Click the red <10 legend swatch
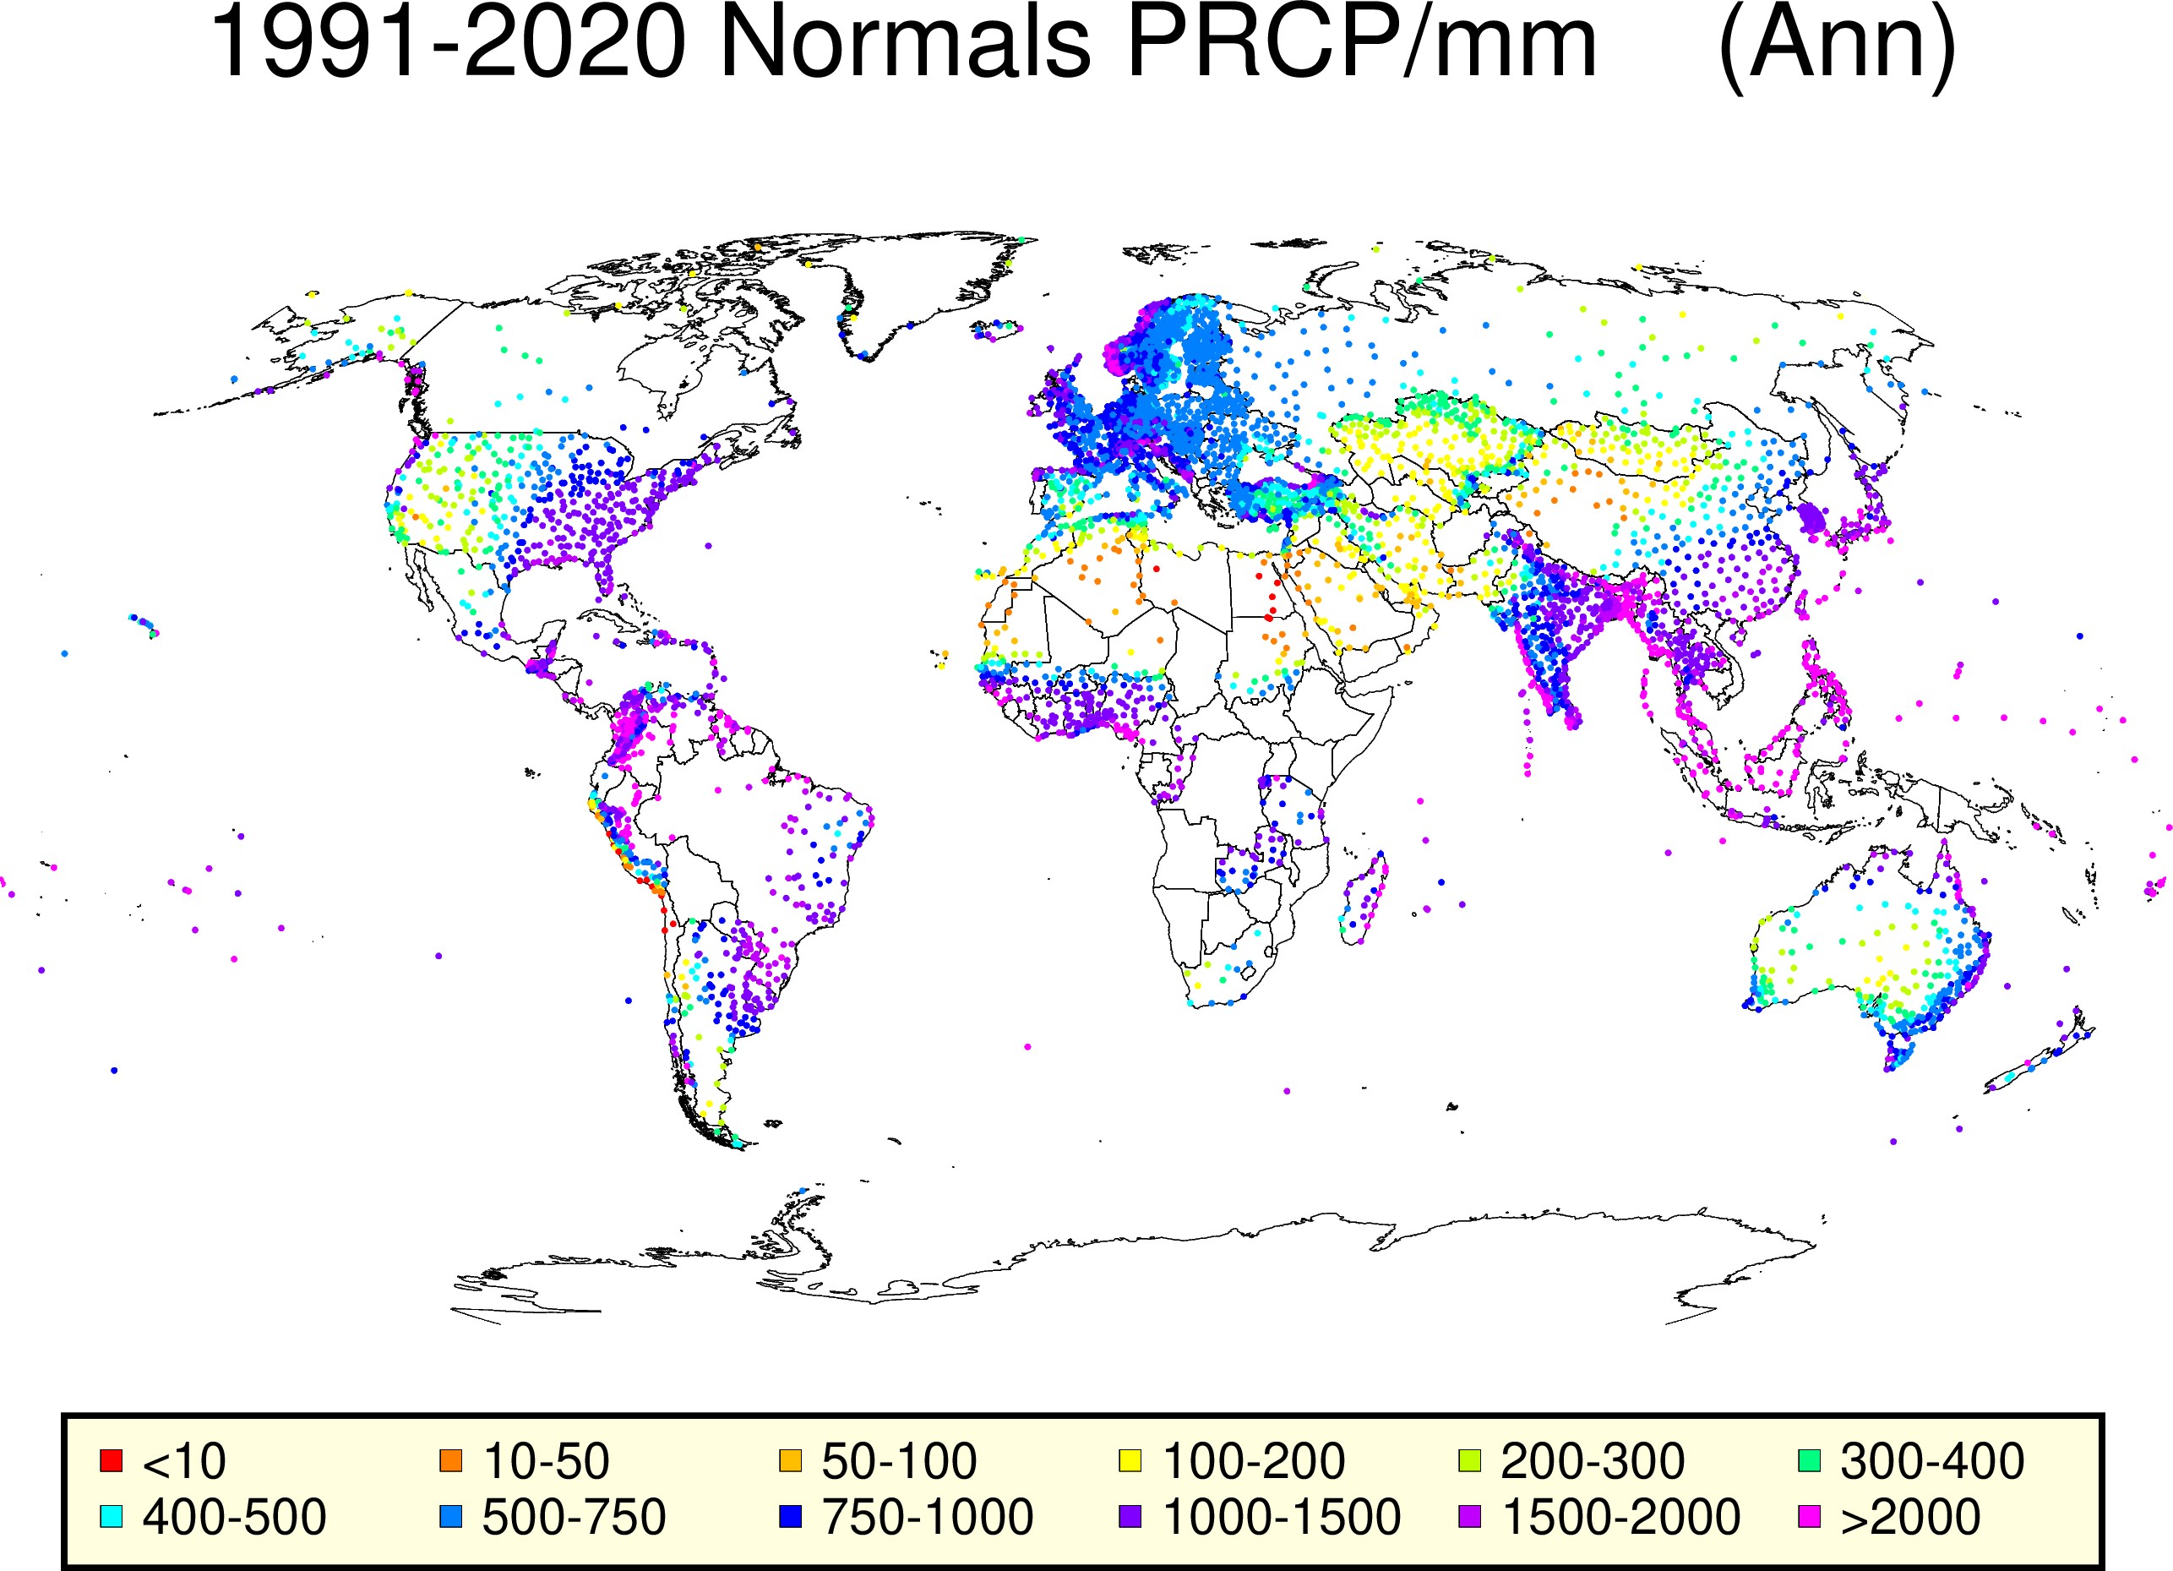pos(112,1461)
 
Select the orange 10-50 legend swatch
pos(450,1461)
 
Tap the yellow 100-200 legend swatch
pos(1130,1461)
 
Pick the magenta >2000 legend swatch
pos(1810,1516)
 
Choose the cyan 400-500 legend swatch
pos(112,1516)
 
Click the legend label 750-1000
pos(928,1517)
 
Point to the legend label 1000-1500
pos(1281,1517)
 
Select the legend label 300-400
pos(1931,1462)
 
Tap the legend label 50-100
pos(899,1462)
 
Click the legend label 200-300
pos(1593,1462)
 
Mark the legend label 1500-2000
pos(1621,1517)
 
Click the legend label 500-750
pos(574,1517)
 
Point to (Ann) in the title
pos(1837,48)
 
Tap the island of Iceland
pos(996,330)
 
